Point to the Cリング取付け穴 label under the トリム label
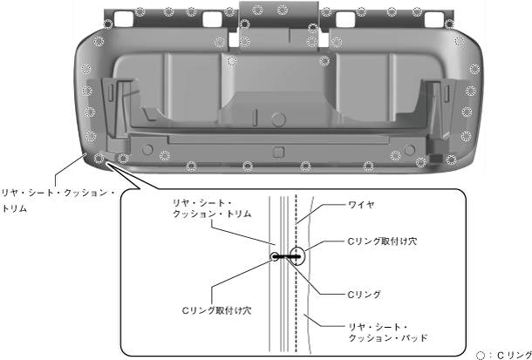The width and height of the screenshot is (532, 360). click(x=216, y=309)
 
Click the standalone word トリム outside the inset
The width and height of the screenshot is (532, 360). click(x=15, y=208)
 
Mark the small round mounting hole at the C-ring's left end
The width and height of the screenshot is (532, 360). click(x=275, y=256)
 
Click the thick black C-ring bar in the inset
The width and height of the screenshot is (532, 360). click(x=287, y=256)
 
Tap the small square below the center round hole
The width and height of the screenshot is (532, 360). click(x=278, y=152)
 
